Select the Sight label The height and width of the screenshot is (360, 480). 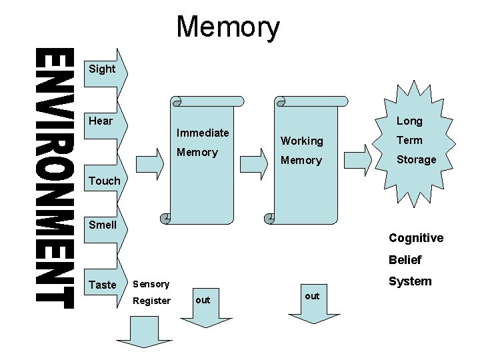[102, 69]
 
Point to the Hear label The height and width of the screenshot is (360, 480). [101, 121]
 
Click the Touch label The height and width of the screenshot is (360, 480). [105, 181]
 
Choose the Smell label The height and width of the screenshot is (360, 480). [103, 225]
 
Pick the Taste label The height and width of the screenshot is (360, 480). [102, 285]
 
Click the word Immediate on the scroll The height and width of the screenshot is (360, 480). [203, 133]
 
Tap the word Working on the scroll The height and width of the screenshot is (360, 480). [301, 141]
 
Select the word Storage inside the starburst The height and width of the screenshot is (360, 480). [417, 159]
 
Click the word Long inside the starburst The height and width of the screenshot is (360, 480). [409, 121]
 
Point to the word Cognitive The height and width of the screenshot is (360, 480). [416, 238]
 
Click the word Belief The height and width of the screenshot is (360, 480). [405, 260]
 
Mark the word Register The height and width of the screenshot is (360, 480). [151, 301]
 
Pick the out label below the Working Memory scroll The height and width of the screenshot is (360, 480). [311, 295]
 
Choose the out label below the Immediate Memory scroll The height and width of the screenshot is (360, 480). [203, 300]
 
